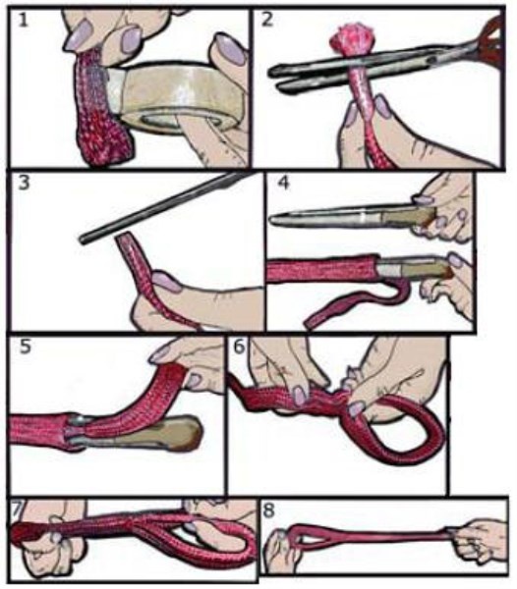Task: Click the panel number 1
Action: click(x=23, y=20)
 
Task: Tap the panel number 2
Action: click(x=266, y=20)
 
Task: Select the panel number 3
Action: click(x=24, y=183)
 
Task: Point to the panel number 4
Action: click(x=283, y=183)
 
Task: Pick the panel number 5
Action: click(x=26, y=347)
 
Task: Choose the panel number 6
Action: click(x=240, y=346)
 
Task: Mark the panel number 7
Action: click(x=17, y=509)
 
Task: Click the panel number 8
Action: click(x=269, y=510)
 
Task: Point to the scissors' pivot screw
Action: click(x=432, y=60)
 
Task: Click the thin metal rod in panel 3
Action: click(x=161, y=207)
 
